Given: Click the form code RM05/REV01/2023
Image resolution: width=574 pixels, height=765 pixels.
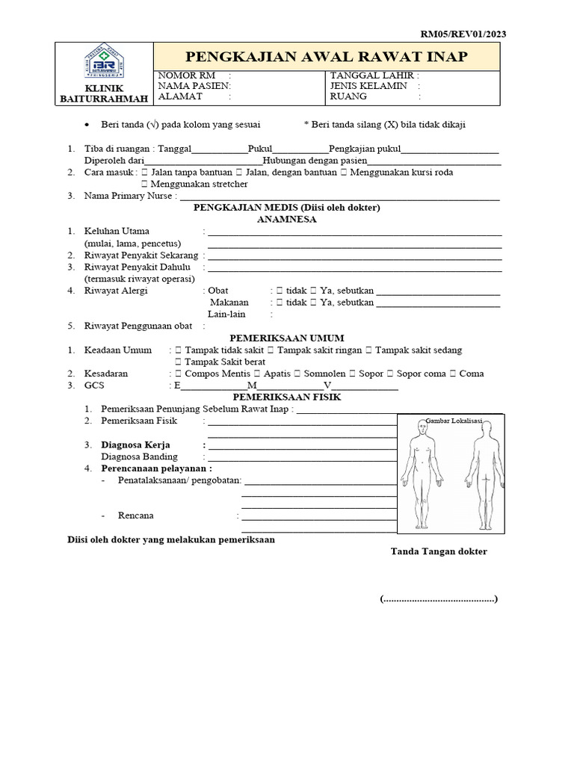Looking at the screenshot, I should [x=467, y=34].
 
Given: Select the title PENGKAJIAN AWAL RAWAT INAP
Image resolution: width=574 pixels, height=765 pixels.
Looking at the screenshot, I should [x=327, y=57].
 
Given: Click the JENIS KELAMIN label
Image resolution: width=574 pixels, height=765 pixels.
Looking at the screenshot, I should [x=368, y=86].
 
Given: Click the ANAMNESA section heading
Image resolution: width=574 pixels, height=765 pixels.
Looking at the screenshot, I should [x=287, y=220].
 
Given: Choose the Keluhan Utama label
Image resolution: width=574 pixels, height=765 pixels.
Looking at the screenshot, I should [x=117, y=231].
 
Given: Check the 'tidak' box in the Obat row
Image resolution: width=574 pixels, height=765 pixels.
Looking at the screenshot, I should [x=279, y=291].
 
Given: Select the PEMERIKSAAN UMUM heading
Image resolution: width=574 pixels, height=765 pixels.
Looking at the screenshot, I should [x=287, y=338].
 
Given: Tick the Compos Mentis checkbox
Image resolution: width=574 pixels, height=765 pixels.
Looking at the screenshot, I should [x=178, y=374].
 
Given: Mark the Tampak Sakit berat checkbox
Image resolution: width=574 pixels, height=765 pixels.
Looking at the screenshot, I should [x=178, y=362].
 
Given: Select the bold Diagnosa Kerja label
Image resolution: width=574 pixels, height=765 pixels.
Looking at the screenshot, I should [x=136, y=445].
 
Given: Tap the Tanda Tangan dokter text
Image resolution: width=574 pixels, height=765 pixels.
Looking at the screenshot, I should [x=439, y=551].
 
